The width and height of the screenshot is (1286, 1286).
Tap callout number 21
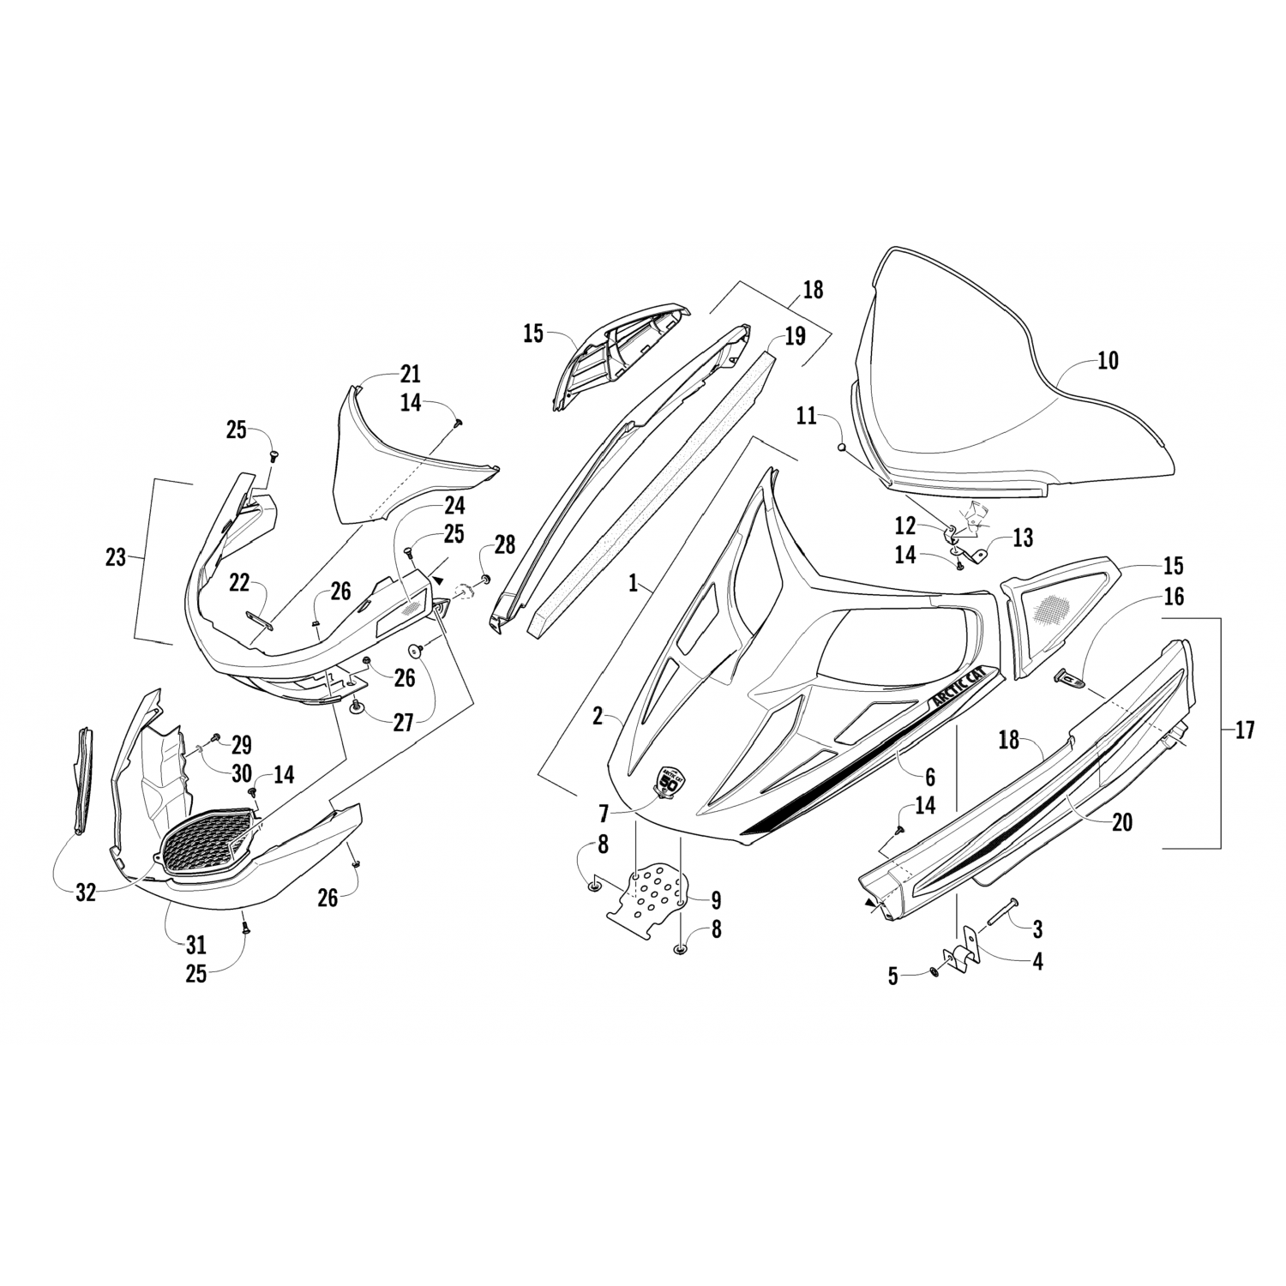(411, 374)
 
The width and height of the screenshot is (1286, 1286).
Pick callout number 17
(1244, 730)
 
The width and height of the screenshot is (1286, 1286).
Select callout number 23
(116, 558)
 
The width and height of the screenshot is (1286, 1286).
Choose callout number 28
(504, 544)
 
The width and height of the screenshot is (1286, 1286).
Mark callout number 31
(196, 945)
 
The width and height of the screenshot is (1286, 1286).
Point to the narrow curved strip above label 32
(82, 780)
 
